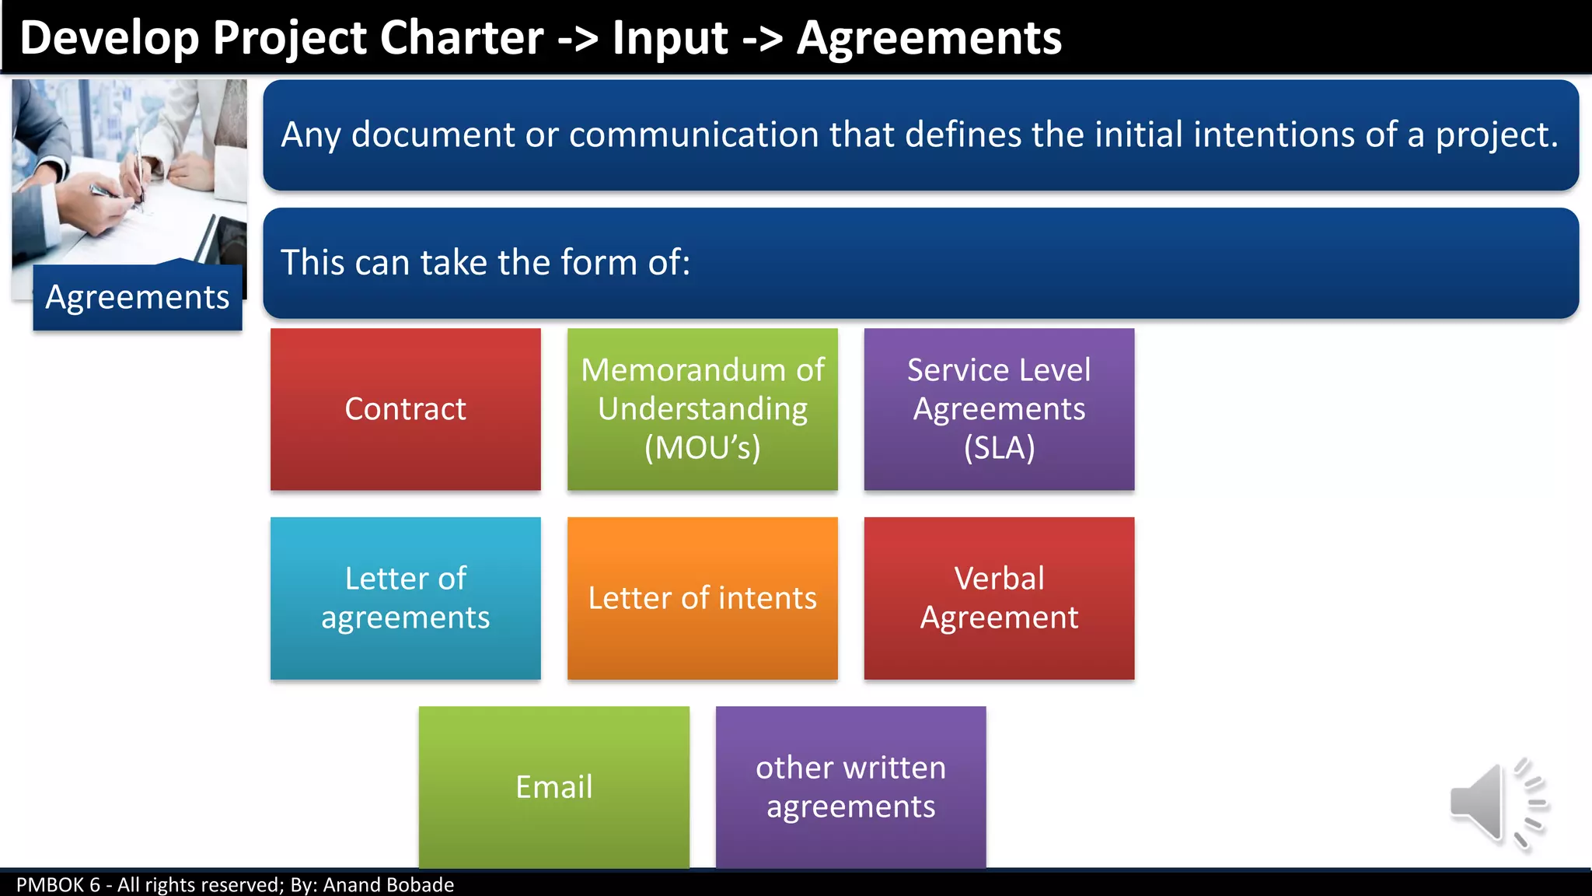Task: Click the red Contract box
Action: pyautogui.click(x=405, y=409)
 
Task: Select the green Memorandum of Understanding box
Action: pyautogui.click(x=702, y=409)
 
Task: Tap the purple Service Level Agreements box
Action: pyautogui.click(x=999, y=409)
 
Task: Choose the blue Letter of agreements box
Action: pyautogui.click(x=405, y=598)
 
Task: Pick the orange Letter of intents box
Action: pyautogui.click(x=702, y=598)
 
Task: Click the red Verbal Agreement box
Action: pyautogui.click(x=999, y=598)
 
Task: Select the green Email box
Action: pyautogui.click(x=553, y=787)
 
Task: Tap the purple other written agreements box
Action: pyautogui.click(x=850, y=787)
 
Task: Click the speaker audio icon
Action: pyautogui.click(x=1497, y=803)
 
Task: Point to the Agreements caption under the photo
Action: pyautogui.click(x=138, y=297)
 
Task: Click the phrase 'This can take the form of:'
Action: pyautogui.click(x=485, y=263)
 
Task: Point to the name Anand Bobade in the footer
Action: pyautogui.click(x=388, y=884)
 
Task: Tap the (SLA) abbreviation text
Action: pyautogui.click(x=999, y=448)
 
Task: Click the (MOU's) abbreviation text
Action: pyautogui.click(x=702, y=448)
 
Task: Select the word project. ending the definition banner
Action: pyautogui.click(x=1496, y=135)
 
